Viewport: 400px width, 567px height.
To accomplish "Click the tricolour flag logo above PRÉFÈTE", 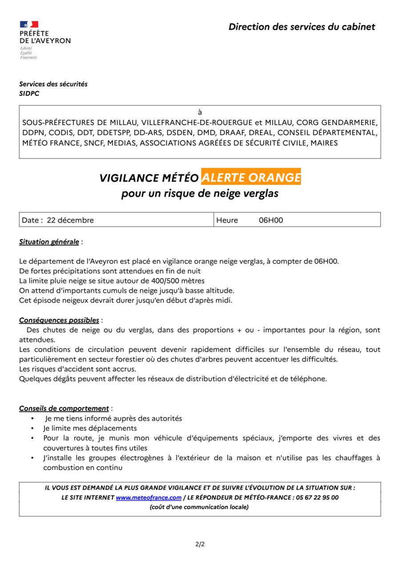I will [29, 24].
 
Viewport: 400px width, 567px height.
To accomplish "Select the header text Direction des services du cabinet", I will [302, 27].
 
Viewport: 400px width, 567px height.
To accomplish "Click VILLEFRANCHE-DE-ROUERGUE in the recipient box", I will [197, 122].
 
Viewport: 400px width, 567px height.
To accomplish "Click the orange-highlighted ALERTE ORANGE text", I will [251, 178].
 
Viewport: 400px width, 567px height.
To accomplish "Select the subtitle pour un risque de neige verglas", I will [200, 194].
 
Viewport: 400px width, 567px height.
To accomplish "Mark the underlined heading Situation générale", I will [49, 242].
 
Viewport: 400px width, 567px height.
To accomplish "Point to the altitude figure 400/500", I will [175, 281].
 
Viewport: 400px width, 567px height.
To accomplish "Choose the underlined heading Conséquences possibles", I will [59, 320].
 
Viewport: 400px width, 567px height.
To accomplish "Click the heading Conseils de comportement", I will [64, 408].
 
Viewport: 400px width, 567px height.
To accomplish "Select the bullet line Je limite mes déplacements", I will [90, 428].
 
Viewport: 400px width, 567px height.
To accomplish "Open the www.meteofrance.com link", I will [149, 498].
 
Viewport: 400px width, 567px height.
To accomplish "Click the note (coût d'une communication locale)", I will [199, 507].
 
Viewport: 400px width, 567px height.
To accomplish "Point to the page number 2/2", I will [200, 544].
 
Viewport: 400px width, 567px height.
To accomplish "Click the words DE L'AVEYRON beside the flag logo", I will [45, 40].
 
